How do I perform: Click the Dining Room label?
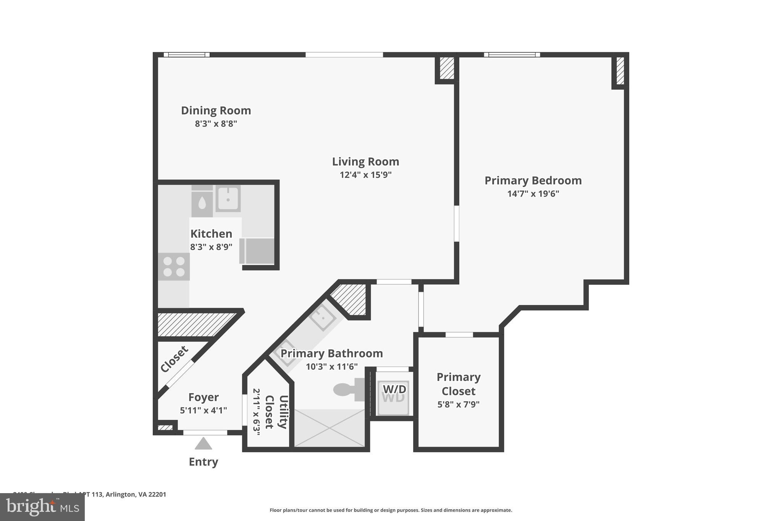(216, 111)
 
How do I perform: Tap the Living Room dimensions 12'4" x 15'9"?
(365, 175)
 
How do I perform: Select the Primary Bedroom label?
(533, 181)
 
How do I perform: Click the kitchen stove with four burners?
(174, 266)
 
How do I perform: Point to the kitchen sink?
(228, 198)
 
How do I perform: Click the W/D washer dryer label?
(394, 389)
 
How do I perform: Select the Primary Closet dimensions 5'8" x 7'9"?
(458, 404)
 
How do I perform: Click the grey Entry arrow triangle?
(203, 444)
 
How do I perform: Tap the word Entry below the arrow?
(203, 462)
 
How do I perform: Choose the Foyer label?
(203, 397)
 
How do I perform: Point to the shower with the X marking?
(330, 428)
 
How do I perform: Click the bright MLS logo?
(42, 507)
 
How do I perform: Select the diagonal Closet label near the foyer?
(174, 359)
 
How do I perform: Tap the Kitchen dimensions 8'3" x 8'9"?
(211, 247)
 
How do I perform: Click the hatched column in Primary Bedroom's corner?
(620, 71)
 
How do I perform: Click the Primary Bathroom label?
(331, 353)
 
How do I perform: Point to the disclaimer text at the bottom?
(391, 510)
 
